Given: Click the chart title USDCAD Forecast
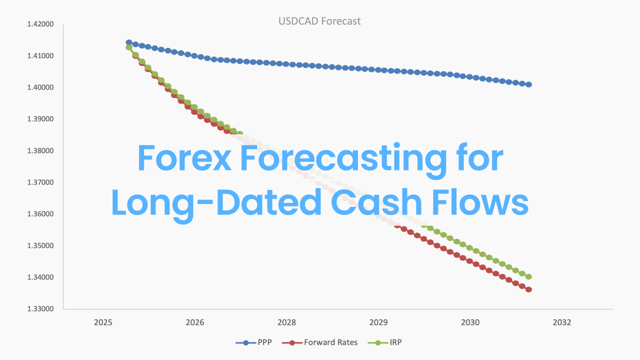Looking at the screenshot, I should tap(319, 21).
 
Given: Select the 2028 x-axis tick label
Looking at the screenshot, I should tap(286, 323).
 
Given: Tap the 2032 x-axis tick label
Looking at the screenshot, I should tap(562, 323).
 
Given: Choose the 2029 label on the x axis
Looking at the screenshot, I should tap(378, 323).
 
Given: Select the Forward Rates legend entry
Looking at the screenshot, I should tap(320, 342).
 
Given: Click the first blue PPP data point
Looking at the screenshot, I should tap(129, 42).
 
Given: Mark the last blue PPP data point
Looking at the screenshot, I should tap(528, 84).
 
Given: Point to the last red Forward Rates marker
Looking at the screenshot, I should tap(528, 289).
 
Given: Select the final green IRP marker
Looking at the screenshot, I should tap(528, 276).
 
